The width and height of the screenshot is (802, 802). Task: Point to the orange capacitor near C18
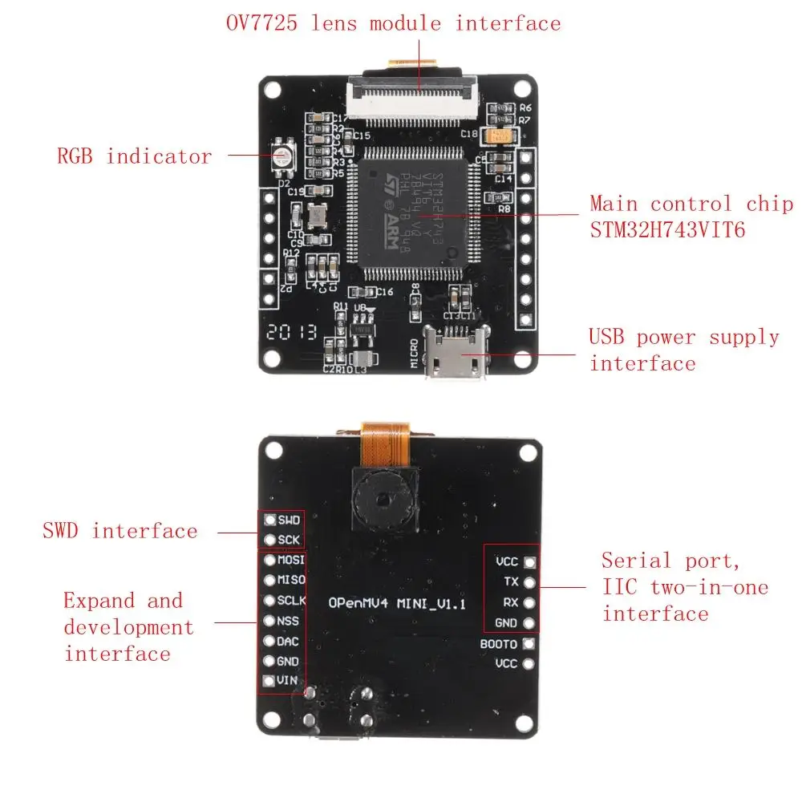(501, 136)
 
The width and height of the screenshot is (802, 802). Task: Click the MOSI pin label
(290, 560)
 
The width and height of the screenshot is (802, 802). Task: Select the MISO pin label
(290, 580)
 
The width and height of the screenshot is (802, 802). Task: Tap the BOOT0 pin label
(498, 644)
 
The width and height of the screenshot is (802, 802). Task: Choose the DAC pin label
(288, 642)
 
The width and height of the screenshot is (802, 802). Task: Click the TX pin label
(511, 581)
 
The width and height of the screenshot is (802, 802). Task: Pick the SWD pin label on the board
(289, 520)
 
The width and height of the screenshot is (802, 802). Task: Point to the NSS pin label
(288, 621)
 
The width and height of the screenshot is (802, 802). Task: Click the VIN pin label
(287, 682)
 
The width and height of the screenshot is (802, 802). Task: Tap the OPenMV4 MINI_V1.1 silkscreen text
(398, 603)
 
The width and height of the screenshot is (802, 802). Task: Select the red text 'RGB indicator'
(135, 156)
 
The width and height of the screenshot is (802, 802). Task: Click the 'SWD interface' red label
(119, 531)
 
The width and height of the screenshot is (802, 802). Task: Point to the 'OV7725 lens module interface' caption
(392, 23)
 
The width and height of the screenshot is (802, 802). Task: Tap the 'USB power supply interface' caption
(683, 350)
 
